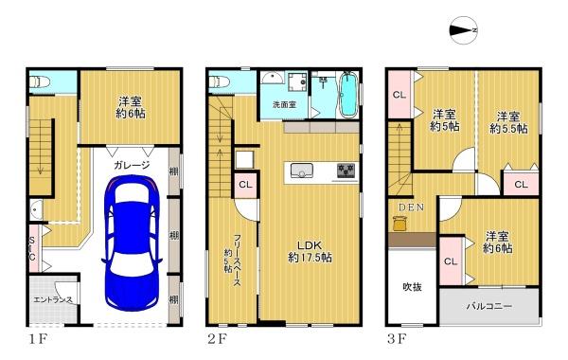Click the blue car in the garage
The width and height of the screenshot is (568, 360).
(x=132, y=243)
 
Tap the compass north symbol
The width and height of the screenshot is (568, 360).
(x=463, y=30)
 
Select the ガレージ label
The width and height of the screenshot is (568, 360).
(x=132, y=166)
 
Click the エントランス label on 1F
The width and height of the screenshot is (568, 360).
(x=53, y=299)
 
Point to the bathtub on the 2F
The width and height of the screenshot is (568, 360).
(x=348, y=94)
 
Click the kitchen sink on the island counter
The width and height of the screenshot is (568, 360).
(x=301, y=171)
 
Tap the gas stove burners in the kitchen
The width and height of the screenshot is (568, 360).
(x=346, y=171)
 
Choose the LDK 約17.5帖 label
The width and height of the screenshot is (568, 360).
(x=310, y=251)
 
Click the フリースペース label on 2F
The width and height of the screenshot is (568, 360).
(x=233, y=261)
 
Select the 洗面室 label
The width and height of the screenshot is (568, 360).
(x=284, y=105)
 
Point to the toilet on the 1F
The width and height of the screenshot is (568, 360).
(x=40, y=81)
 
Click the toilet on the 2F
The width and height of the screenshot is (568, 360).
(x=220, y=81)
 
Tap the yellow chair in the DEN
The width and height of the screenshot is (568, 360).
(x=399, y=224)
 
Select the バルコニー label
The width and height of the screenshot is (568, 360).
(x=489, y=306)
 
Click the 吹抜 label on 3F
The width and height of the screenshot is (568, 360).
(x=412, y=287)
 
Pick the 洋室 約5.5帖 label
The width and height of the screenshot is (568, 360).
(x=508, y=122)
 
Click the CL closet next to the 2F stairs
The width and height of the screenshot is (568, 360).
(x=245, y=185)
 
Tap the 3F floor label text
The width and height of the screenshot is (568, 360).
(x=397, y=339)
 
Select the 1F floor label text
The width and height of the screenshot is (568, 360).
(x=38, y=339)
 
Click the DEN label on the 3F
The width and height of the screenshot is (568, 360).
(x=411, y=207)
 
